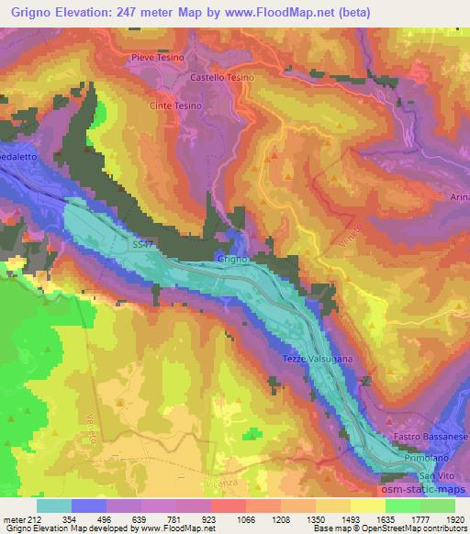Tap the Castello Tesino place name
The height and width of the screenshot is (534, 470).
(219, 78)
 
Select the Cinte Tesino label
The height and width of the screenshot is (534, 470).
(175, 106)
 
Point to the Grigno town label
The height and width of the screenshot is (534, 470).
(229, 260)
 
